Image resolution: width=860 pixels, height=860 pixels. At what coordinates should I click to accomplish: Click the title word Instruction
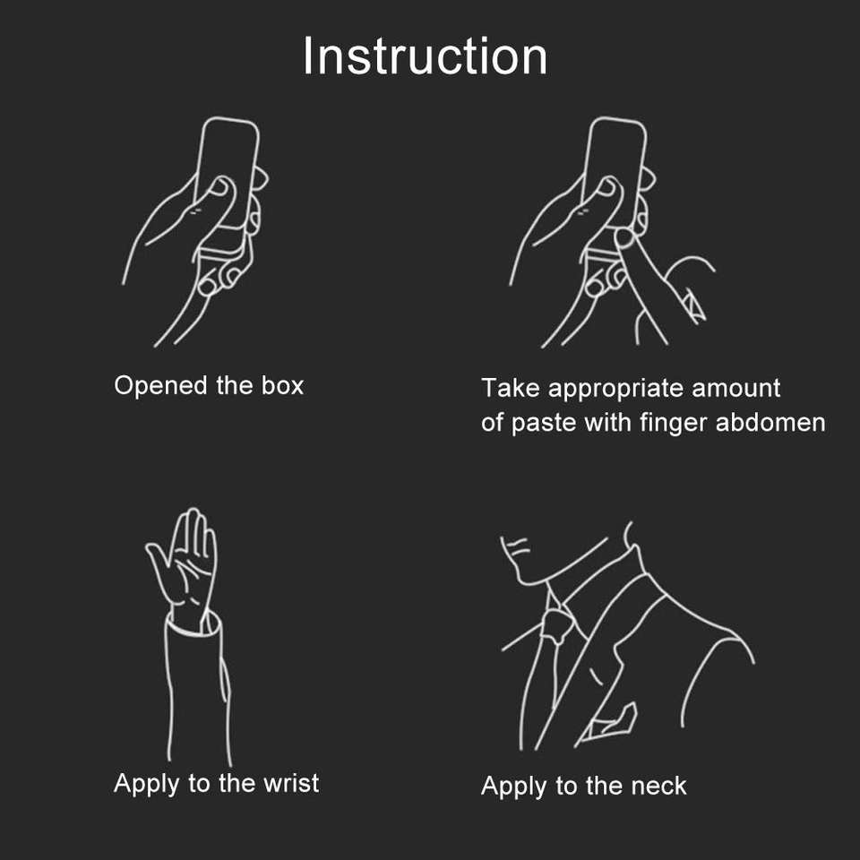tap(425, 56)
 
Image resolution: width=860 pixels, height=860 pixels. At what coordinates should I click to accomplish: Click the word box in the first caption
tap(282, 385)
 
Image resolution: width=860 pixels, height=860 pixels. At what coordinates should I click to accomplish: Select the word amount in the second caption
tap(736, 388)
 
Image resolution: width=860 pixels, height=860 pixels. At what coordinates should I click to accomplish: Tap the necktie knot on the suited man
tap(558, 624)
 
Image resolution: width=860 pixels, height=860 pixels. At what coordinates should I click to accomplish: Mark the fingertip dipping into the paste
tap(623, 237)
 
